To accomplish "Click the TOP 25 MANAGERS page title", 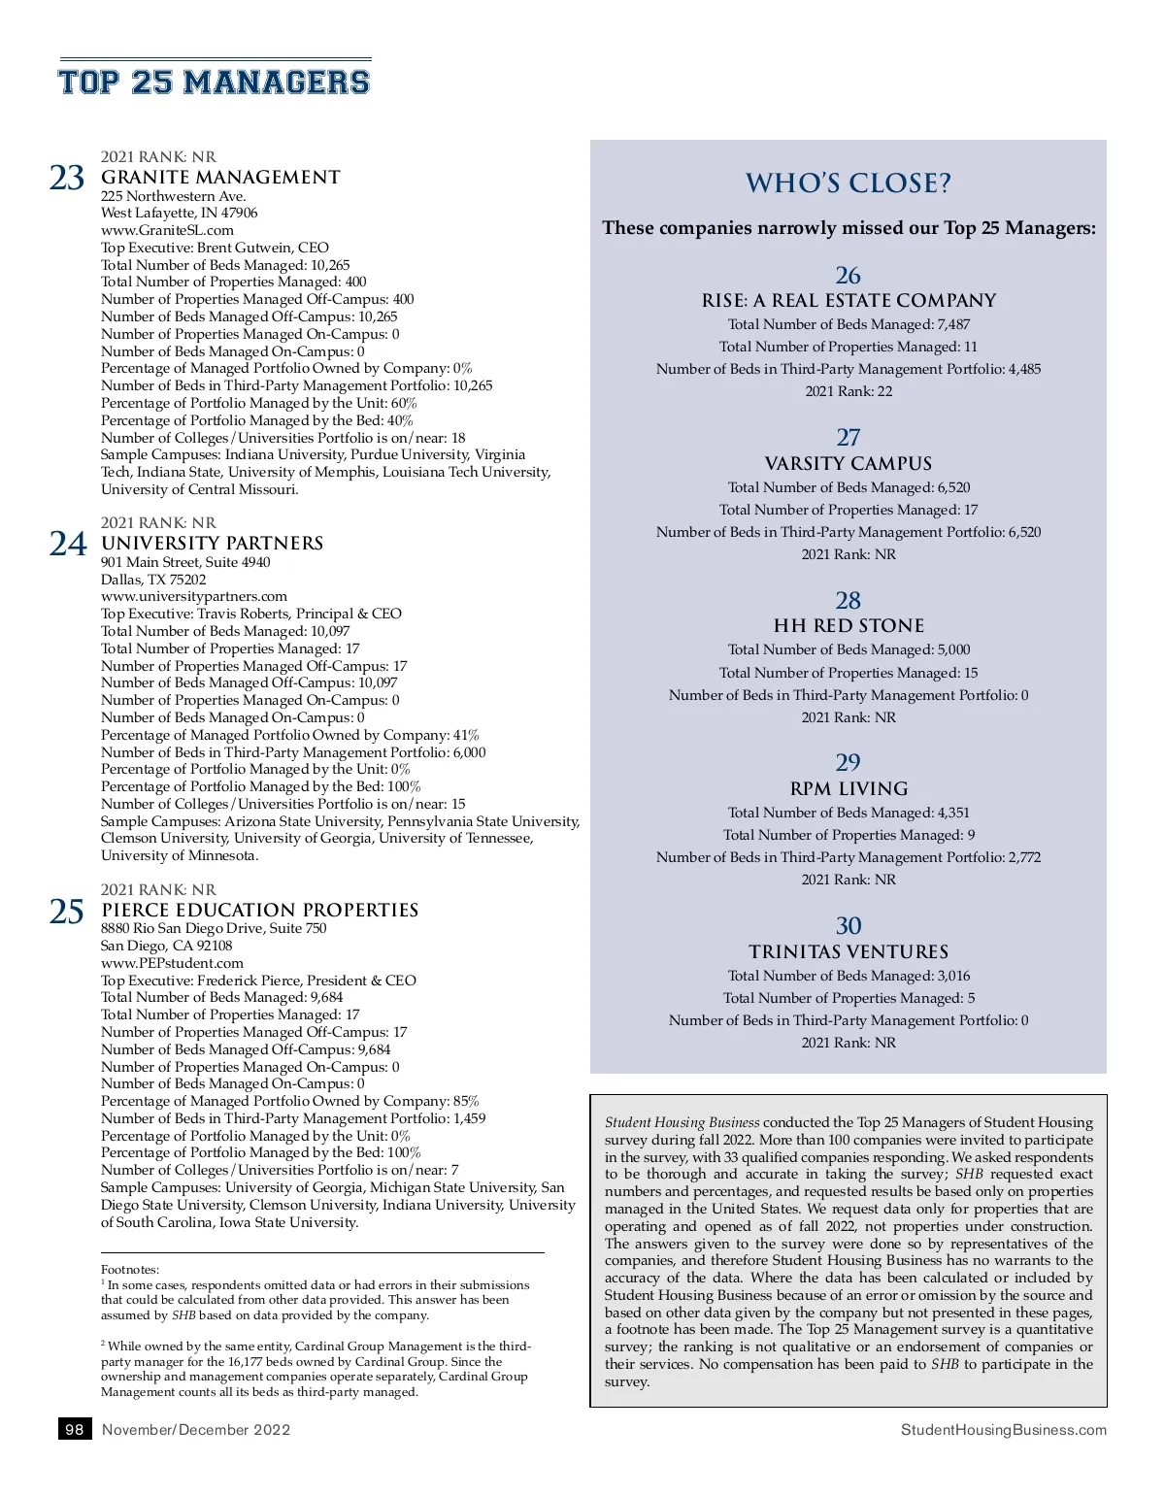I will (215, 83).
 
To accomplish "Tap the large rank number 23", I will (67, 179).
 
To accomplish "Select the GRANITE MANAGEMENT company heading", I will (220, 178).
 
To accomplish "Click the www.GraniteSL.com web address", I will (167, 230).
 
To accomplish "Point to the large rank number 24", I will (68, 545).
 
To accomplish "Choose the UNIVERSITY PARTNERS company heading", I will (212, 544).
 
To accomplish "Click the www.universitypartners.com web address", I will (194, 596).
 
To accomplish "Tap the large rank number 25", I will (67, 912).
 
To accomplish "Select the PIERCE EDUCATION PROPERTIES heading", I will (259, 911).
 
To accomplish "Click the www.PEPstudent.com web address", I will (172, 963).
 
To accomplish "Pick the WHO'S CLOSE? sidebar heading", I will (849, 183).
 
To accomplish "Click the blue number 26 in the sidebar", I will (849, 276).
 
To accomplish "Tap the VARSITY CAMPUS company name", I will (849, 464).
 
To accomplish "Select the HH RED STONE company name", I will (849, 626).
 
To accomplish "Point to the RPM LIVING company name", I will (849, 789).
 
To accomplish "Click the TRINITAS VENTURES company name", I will (849, 952).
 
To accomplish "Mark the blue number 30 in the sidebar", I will (849, 926).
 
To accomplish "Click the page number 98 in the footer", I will (75, 1429).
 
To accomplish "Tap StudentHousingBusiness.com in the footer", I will (1003, 1430).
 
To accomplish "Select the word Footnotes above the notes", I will (130, 1270).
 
